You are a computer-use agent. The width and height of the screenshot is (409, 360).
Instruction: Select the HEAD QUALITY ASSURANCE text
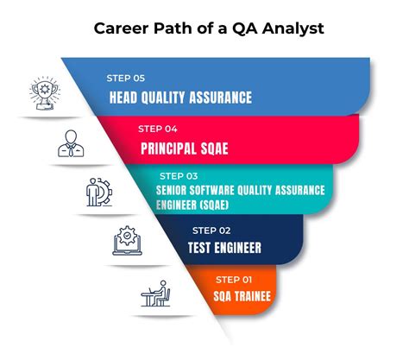coord(180,98)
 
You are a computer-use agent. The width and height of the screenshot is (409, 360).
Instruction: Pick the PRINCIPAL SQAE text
coord(185,148)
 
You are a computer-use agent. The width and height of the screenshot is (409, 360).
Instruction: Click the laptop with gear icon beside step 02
coord(126,242)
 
